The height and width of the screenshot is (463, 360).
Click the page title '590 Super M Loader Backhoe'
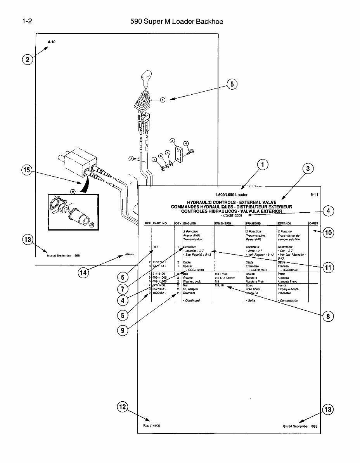click(177, 21)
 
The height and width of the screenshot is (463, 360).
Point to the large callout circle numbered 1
click(263, 165)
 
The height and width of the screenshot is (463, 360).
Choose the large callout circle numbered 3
click(308, 168)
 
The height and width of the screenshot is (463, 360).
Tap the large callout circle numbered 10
click(328, 233)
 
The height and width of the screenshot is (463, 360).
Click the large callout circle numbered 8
click(328, 316)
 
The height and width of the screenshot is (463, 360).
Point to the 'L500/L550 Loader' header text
click(232, 195)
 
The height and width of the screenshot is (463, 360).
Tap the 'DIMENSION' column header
click(223, 224)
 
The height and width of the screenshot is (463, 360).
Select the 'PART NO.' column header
click(160, 224)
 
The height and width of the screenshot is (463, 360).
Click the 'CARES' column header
click(313, 224)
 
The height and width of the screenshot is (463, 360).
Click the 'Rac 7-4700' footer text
click(149, 426)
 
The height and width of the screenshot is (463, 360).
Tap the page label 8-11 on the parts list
click(314, 195)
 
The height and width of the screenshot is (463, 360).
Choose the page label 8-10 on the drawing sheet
click(52, 42)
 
